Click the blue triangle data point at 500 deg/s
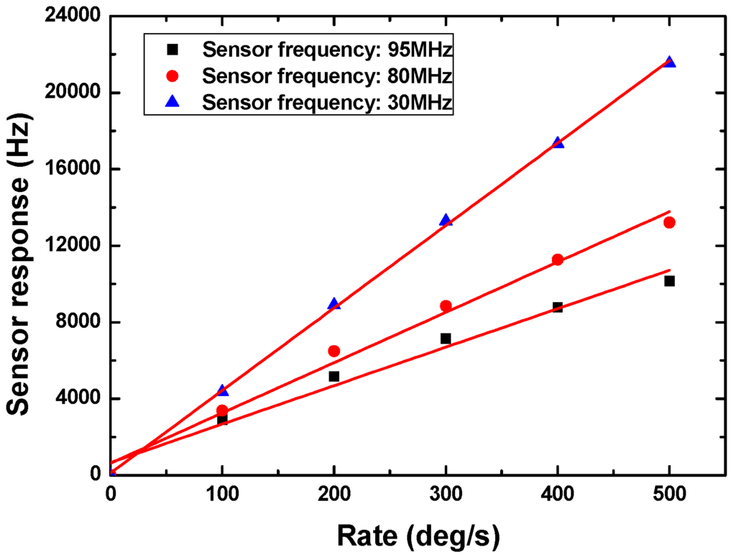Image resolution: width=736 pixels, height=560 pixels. coord(669,63)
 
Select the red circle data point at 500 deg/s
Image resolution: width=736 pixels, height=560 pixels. coord(669,223)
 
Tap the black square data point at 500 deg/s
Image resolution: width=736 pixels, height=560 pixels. coord(669,281)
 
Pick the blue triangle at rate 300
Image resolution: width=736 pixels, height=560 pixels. coord(446,220)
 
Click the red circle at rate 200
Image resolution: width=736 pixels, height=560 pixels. coord(333,351)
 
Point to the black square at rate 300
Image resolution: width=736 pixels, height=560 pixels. coord(446,339)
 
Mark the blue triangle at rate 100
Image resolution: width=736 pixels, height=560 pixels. coord(222,390)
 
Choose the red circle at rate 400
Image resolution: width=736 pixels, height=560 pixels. coord(557,260)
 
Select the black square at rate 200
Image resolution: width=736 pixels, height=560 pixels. coord(333,377)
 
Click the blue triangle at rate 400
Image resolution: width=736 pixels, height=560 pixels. coord(557,142)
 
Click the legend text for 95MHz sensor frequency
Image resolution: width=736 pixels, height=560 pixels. coord(327,50)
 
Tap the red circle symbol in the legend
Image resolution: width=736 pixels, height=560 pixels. coord(172,76)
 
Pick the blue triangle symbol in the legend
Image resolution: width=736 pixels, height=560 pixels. coord(172,103)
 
